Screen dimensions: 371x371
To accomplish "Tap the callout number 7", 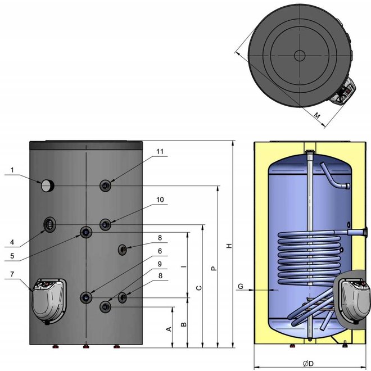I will point(13,274).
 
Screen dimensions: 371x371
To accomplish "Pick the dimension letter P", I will point(214,269).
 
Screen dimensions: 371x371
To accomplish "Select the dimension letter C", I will point(198,288).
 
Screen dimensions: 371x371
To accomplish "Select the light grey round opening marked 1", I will point(47,184).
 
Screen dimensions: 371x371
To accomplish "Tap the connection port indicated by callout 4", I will point(50,225).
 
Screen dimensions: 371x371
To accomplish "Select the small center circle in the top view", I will point(299,56).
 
